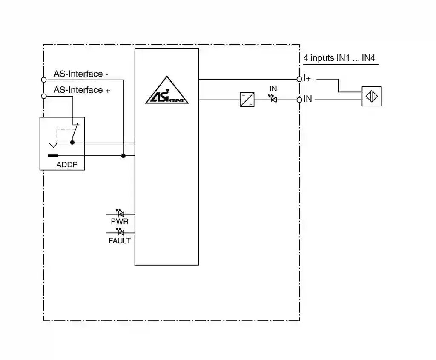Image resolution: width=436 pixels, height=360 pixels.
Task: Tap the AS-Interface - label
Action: pos(81,74)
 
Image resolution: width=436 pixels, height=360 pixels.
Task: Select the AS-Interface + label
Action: pos(82,90)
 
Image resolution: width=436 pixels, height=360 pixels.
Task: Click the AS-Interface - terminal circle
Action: pos(43,80)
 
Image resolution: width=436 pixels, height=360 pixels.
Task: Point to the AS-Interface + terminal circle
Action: pos(43,96)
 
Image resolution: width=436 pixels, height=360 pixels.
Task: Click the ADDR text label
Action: pos(67,165)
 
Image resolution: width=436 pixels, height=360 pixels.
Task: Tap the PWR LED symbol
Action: pos(120,213)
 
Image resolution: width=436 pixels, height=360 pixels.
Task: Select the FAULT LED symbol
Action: pos(120,232)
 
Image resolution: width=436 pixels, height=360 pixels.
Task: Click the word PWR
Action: pos(120,222)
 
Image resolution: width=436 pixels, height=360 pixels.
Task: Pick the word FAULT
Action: pos(120,241)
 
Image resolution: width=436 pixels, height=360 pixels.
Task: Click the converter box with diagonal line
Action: pos(247,100)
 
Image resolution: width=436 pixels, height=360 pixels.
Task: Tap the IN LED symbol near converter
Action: pos(273,99)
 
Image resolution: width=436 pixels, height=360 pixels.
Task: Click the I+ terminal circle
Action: pos(299,79)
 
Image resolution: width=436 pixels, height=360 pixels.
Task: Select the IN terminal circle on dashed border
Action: pos(299,100)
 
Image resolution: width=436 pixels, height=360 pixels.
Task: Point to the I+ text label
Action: pos(307,79)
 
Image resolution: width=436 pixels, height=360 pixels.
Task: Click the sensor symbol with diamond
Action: pos(372,96)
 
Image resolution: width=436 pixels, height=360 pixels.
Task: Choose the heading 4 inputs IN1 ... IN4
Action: pos(339,58)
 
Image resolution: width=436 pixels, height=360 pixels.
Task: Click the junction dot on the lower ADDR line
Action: pos(123,156)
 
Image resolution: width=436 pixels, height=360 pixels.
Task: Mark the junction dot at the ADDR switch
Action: pos(72,143)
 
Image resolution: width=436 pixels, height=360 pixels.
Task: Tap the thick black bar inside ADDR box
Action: pos(53,156)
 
